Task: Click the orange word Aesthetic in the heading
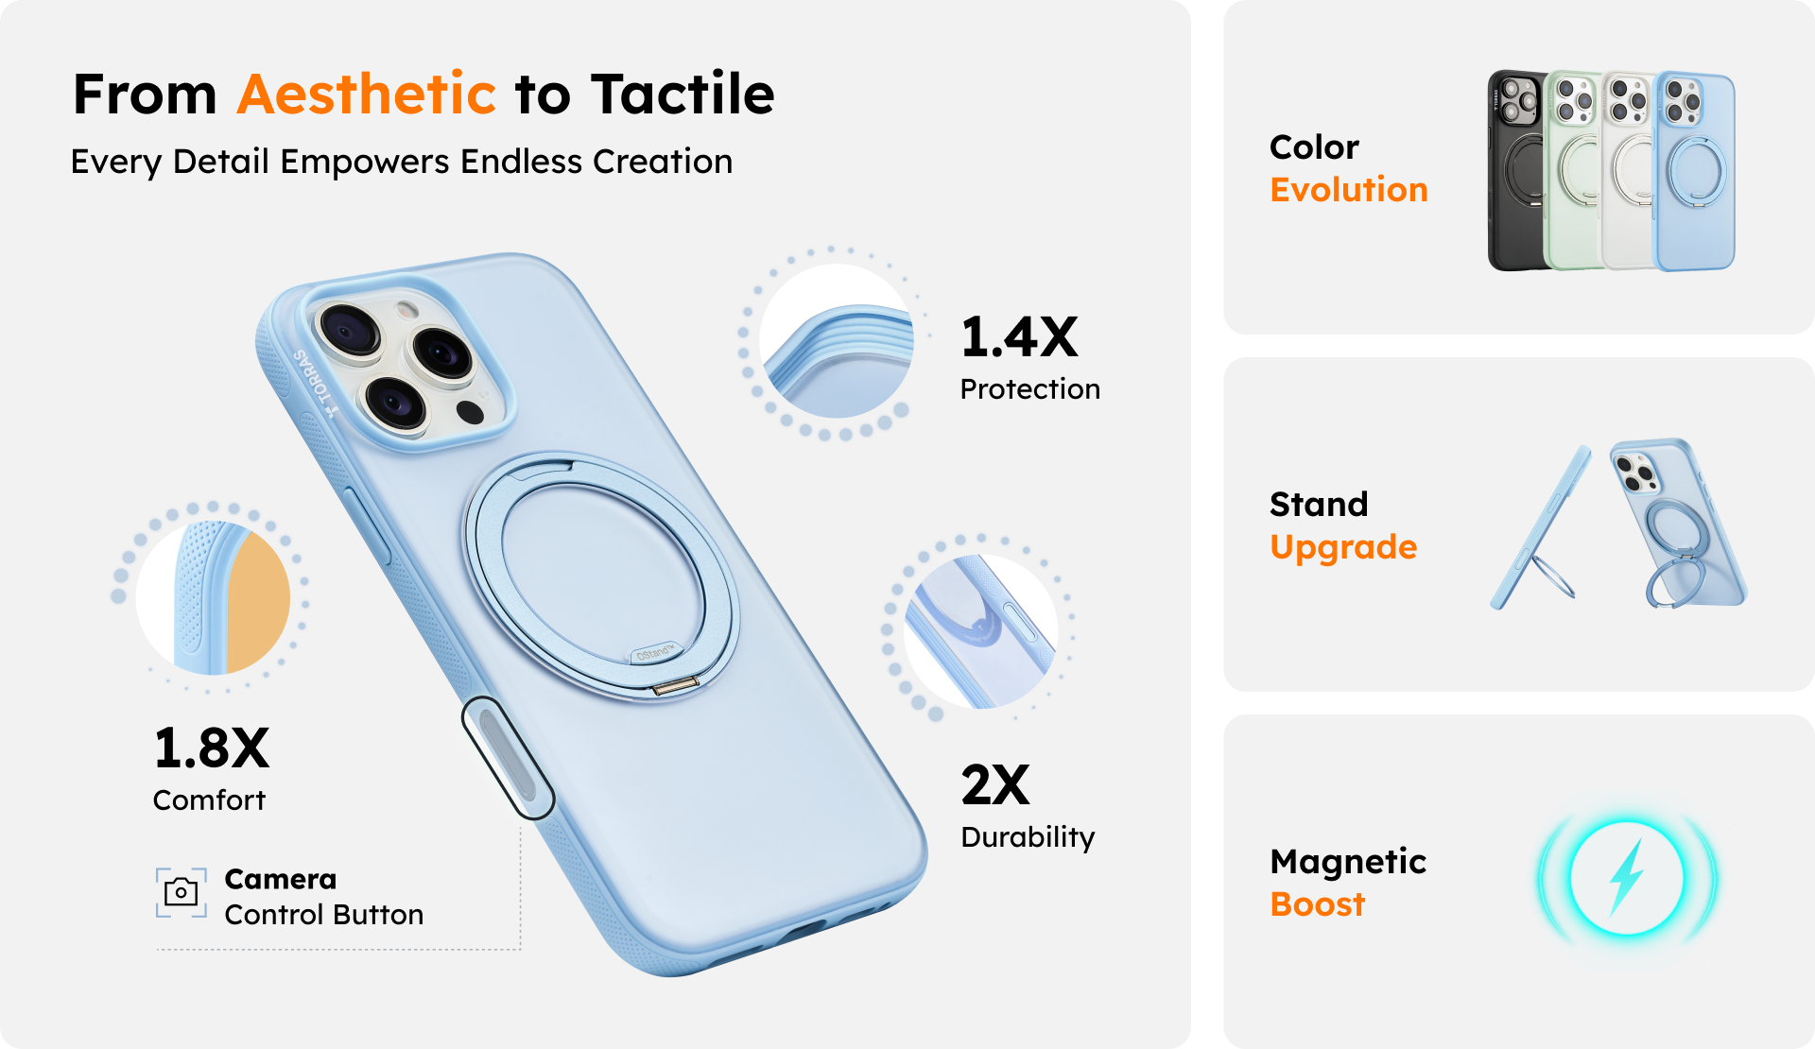[x=366, y=94]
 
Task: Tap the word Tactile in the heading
[x=683, y=94]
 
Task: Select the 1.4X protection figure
[x=1019, y=337]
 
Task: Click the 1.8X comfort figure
[x=212, y=748]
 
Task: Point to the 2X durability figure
[x=995, y=784]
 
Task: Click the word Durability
[x=1028, y=837]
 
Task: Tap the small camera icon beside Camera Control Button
[x=181, y=892]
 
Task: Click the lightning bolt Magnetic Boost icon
[x=1627, y=878]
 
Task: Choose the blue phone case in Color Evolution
[x=1694, y=170]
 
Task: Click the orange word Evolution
[x=1348, y=190]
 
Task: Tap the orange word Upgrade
[x=1343, y=548]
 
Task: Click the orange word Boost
[x=1318, y=904]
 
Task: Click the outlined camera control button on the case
[x=508, y=758]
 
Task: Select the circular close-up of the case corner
[x=837, y=341]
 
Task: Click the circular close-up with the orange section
[x=213, y=597]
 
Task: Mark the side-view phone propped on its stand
[x=1539, y=529]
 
